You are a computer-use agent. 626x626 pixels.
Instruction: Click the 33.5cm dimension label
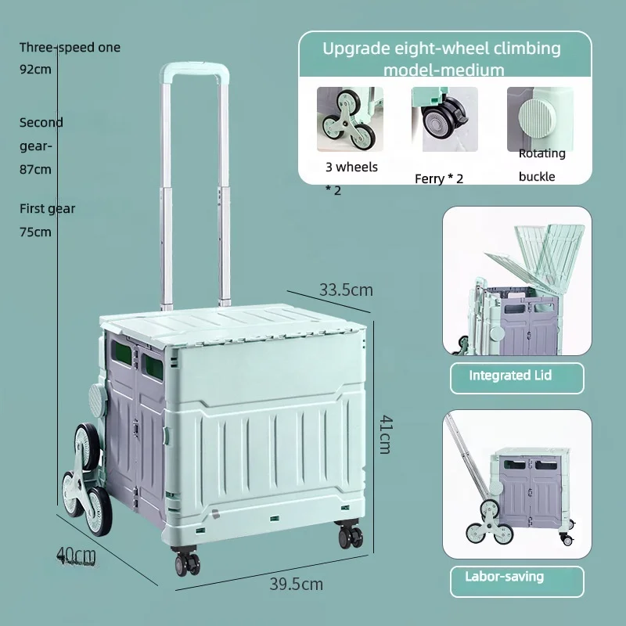click(x=345, y=290)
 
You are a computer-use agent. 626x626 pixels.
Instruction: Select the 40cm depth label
click(x=77, y=555)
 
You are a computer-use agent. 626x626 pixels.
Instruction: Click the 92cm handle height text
click(x=35, y=68)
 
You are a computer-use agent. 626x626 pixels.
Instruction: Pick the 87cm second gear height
click(x=35, y=169)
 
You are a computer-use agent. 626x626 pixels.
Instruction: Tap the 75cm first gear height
click(x=35, y=232)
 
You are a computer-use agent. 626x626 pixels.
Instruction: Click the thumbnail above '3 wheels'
click(x=351, y=119)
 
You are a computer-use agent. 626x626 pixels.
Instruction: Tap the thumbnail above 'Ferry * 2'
click(x=444, y=119)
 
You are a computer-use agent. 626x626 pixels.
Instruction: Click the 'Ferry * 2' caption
click(x=439, y=178)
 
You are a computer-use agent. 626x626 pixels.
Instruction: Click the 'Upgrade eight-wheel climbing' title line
click(x=442, y=48)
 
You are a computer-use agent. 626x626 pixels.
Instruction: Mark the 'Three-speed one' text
click(x=70, y=47)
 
